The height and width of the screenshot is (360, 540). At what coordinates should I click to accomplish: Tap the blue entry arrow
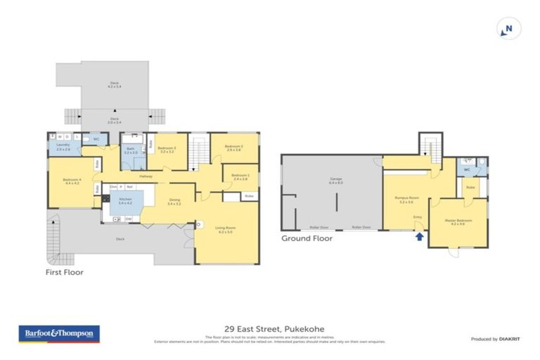(419, 237)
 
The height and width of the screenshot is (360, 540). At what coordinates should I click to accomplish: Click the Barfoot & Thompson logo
(59, 333)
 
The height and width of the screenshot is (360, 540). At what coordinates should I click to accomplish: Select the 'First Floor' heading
(64, 271)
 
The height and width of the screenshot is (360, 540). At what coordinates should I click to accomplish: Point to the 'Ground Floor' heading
(307, 238)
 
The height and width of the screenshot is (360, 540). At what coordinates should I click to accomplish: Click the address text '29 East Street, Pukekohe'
(269, 328)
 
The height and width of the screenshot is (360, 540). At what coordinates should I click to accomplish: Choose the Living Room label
(225, 229)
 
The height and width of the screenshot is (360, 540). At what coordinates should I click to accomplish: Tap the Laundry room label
(63, 146)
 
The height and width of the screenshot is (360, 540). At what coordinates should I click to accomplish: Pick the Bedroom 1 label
(240, 176)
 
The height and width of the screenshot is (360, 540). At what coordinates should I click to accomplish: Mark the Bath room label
(131, 150)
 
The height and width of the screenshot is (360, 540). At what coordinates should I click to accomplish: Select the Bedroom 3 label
(167, 149)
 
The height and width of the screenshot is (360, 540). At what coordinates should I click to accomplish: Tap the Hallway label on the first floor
(146, 176)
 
